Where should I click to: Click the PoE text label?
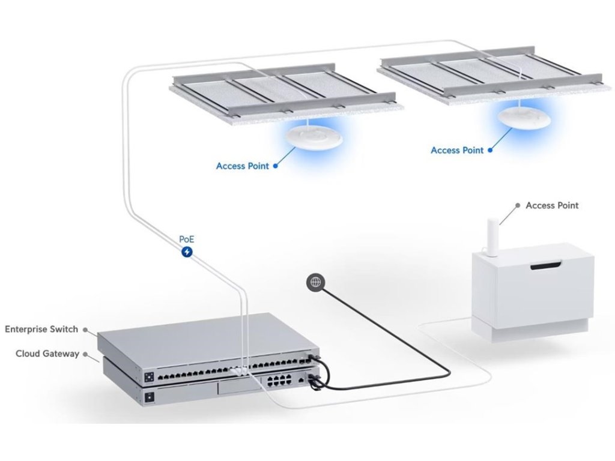click(187, 239)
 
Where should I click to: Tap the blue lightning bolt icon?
click(187, 252)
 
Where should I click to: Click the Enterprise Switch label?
click(41, 330)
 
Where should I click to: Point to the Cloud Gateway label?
click(47, 354)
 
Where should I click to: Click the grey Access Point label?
click(552, 205)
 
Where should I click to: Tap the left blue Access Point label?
click(243, 166)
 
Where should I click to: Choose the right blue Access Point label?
click(457, 150)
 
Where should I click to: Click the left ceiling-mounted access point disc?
click(314, 137)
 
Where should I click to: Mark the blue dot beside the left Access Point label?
click(276, 166)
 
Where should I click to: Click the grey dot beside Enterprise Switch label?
click(85, 330)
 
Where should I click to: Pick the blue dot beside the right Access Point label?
click(489, 150)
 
